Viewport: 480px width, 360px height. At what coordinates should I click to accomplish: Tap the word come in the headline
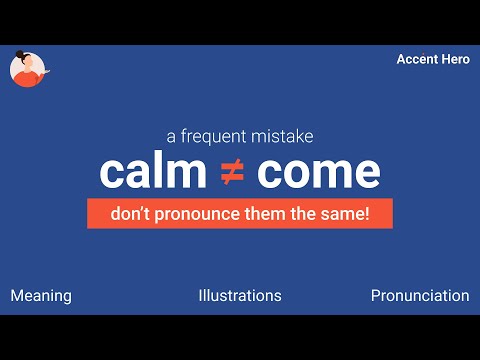[318, 172]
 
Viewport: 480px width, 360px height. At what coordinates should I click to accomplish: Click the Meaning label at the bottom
[41, 296]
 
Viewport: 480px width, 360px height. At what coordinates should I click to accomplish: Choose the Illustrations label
[240, 296]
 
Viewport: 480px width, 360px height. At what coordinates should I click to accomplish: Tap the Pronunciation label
[420, 296]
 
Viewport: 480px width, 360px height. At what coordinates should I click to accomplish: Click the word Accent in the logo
[417, 60]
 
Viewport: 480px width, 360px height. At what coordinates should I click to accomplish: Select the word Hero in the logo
[455, 60]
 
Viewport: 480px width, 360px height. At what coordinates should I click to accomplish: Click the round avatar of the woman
[27, 68]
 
